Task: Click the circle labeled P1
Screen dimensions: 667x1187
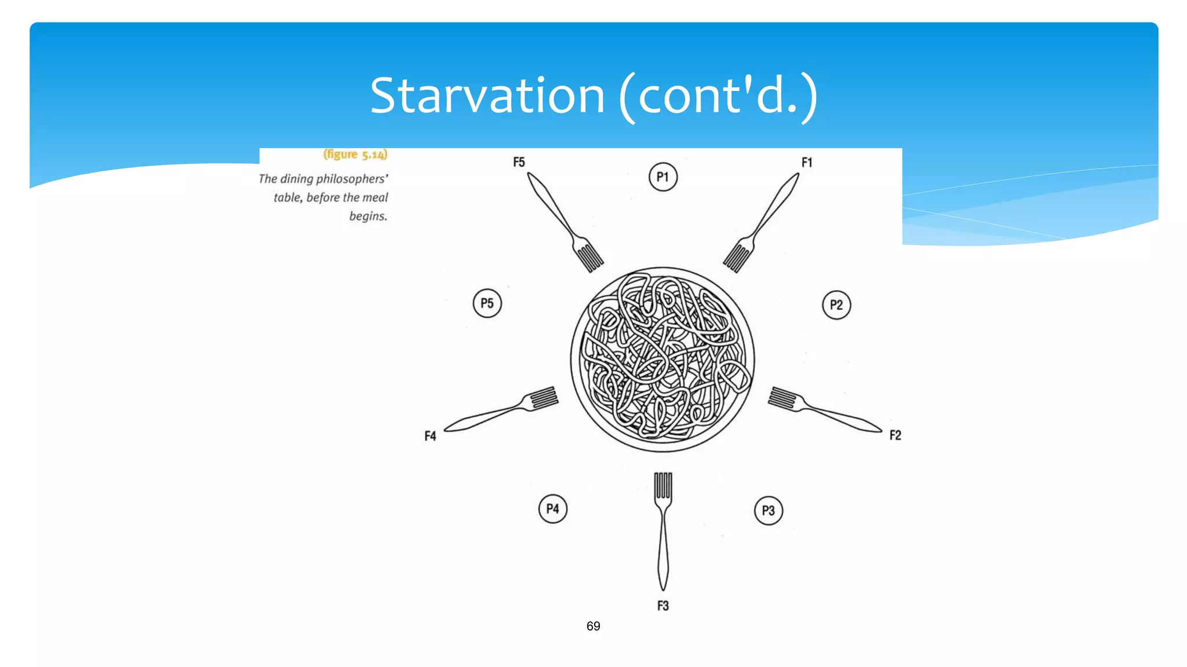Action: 663,177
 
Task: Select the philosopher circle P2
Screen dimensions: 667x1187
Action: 836,305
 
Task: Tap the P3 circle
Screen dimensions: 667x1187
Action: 769,511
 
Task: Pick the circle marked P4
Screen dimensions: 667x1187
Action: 553,509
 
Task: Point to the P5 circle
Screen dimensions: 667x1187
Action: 487,303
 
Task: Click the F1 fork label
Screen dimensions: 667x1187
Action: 807,163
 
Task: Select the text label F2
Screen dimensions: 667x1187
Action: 895,435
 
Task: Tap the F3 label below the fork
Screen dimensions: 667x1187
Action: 663,606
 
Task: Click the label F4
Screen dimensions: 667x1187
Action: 430,436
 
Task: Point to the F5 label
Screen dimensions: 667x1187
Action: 519,162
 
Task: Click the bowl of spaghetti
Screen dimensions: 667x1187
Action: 662,359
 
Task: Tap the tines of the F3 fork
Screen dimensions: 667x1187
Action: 663,485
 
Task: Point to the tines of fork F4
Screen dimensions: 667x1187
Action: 544,398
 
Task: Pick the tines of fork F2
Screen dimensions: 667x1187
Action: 782,398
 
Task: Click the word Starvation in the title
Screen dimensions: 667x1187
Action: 487,96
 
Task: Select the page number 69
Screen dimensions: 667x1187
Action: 593,626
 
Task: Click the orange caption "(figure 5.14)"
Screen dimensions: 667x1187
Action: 355,155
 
